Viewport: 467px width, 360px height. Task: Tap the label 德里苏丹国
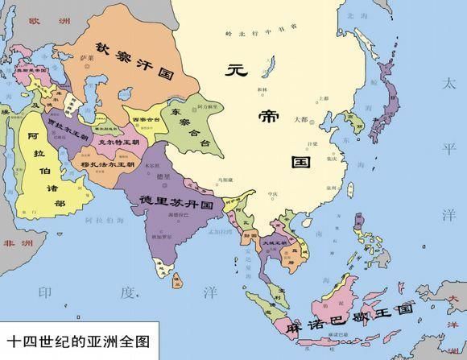coord(176,199)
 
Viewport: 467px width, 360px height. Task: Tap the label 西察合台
coord(146,118)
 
